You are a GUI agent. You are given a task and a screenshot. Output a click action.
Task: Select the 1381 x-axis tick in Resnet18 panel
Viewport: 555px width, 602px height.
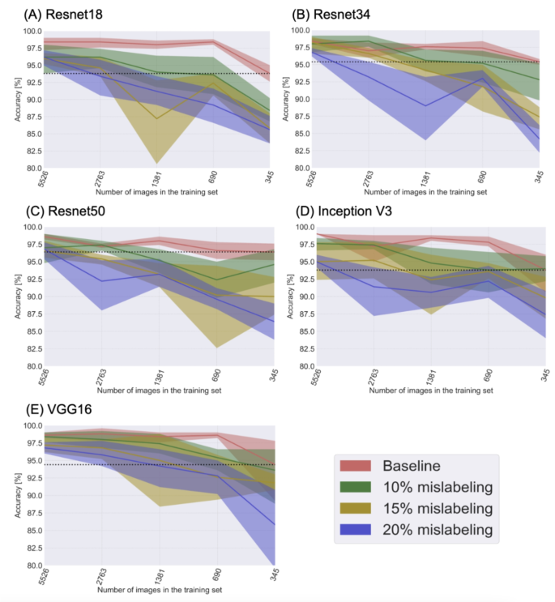[156, 178]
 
